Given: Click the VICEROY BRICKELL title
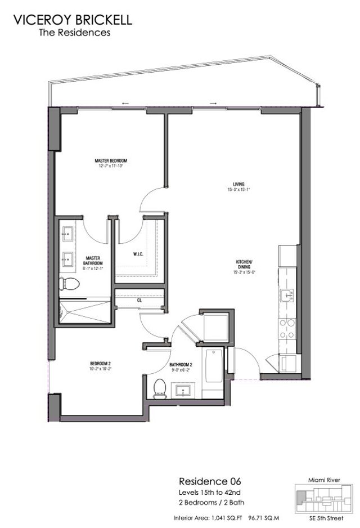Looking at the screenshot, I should pos(73,20).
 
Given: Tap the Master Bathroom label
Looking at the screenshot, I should pos(93,262).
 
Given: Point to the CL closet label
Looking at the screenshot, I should pos(139,300).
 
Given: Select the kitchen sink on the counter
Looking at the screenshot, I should pos(287,294).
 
